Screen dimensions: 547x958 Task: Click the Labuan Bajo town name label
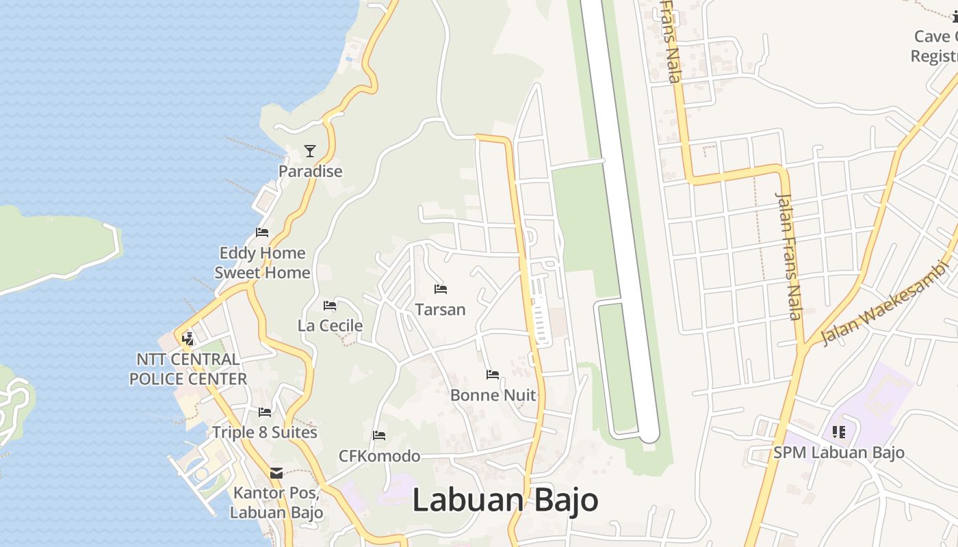pyautogui.click(x=505, y=501)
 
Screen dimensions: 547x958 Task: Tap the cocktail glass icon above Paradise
pyautogui.click(x=310, y=151)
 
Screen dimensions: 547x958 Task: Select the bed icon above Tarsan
pyautogui.click(x=441, y=289)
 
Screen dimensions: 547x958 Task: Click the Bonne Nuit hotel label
pyautogui.click(x=493, y=395)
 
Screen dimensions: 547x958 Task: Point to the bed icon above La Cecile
pyautogui.click(x=330, y=306)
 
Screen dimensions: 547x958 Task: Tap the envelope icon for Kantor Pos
pyautogui.click(x=276, y=473)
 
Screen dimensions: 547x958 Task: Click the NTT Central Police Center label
pyautogui.click(x=188, y=369)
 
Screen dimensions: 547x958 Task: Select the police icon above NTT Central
pyautogui.click(x=187, y=338)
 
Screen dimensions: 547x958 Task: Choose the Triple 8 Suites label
pyautogui.click(x=265, y=432)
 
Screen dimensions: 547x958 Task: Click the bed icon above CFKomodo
pyautogui.click(x=379, y=436)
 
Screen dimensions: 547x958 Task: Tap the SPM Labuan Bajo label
pyautogui.click(x=839, y=452)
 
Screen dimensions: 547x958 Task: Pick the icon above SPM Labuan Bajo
pyautogui.click(x=839, y=431)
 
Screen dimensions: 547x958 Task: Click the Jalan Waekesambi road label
pyautogui.click(x=886, y=304)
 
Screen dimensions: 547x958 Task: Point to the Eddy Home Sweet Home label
pyautogui.click(x=262, y=263)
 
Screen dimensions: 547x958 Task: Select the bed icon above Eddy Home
pyautogui.click(x=262, y=232)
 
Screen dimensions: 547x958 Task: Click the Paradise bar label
pyautogui.click(x=310, y=171)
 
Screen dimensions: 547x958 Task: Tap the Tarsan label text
pyautogui.click(x=441, y=309)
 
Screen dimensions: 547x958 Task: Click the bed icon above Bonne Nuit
pyautogui.click(x=493, y=374)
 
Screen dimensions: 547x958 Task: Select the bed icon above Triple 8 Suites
pyautogui.click(x=265, y=412)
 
